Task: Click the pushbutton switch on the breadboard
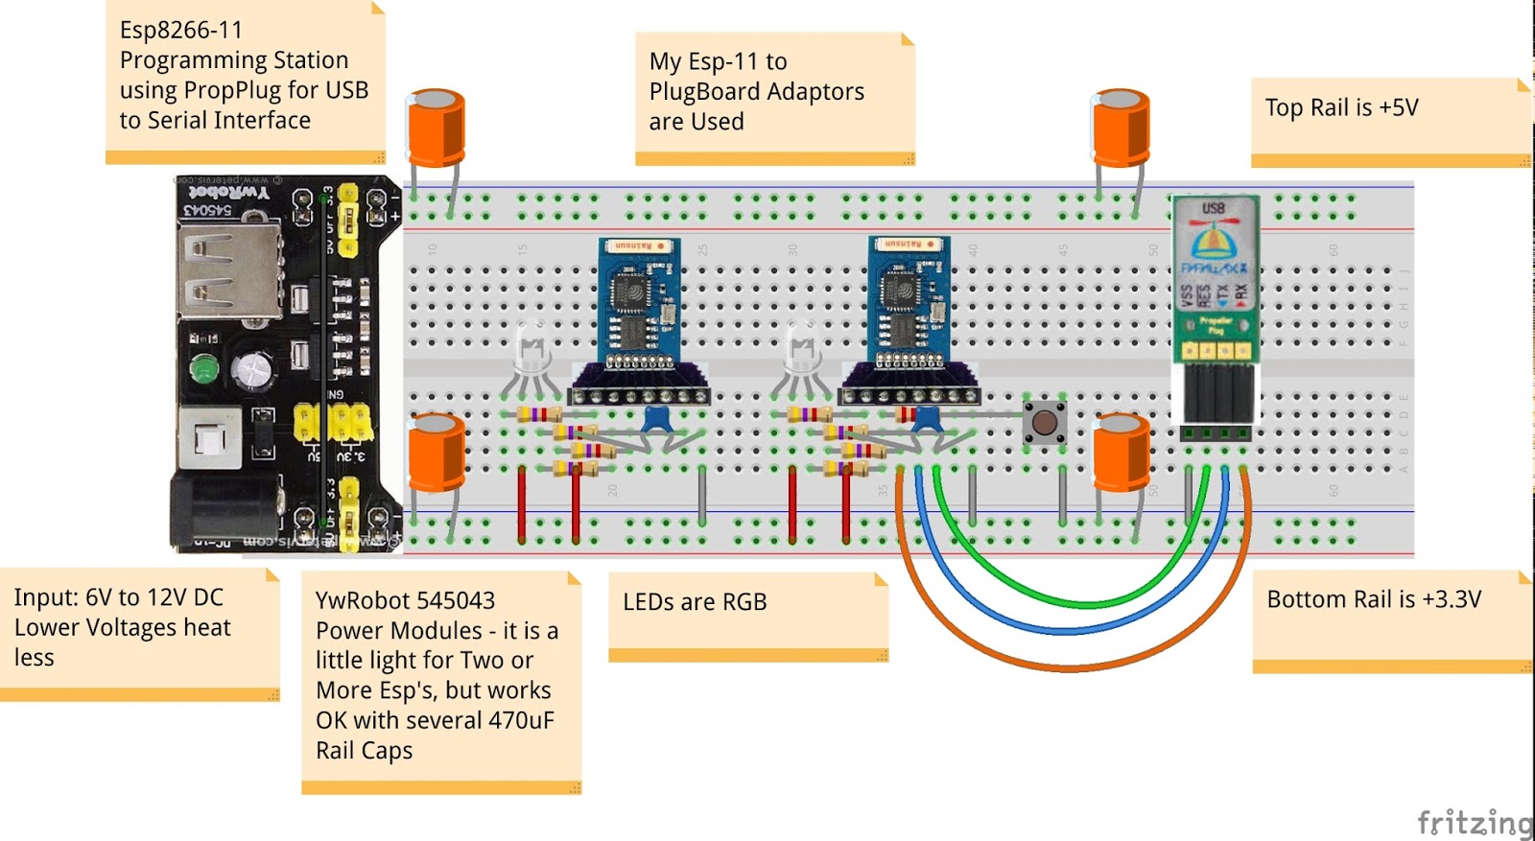click(1044, 422)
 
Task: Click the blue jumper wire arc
click(1070, 630)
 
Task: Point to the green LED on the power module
click(203, 368)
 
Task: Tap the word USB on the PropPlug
click(1214, 208)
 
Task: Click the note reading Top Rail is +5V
click(1389, 120)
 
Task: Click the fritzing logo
click(1476, 822)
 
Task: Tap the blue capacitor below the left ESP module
click(656, 418)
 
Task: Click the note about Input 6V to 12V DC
click(139, 633)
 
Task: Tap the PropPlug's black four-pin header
click(1215, 393)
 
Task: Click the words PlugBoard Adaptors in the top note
click(756, 92)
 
